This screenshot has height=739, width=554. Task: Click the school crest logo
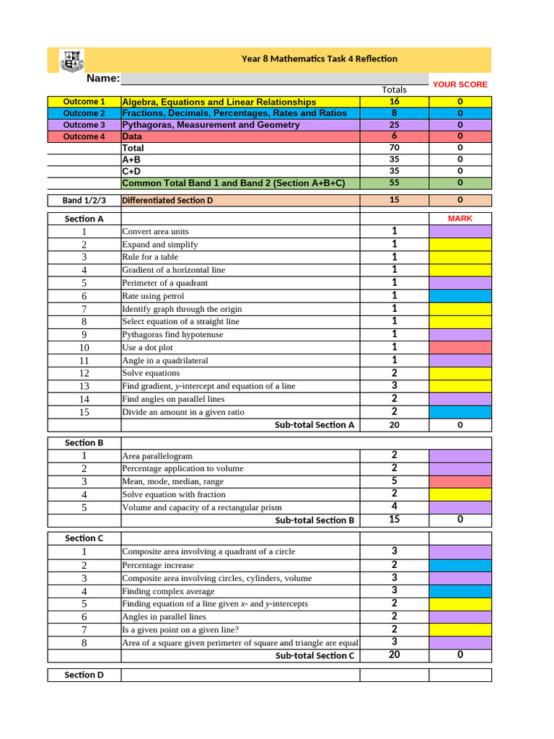[x=71, y=60]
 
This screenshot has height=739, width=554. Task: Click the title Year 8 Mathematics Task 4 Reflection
[x=319, y=58]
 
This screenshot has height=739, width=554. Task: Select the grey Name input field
[x=274, y=79]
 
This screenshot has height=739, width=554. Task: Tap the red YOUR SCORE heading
[x=460, y=84]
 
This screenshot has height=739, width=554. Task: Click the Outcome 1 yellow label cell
[x=84, y=102]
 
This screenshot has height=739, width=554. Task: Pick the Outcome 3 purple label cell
[x=84, y=125]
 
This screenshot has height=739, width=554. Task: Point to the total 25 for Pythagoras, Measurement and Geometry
[x=394, y=125]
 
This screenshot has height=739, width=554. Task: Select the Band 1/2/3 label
[x=84, y=200]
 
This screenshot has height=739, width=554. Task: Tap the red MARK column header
[x=460, y=218]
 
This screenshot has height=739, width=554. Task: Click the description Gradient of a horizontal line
[x=173, y=270]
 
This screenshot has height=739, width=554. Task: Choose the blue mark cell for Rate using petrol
[x=460, y=296]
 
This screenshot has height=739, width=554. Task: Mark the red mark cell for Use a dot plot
[x=460, y=347]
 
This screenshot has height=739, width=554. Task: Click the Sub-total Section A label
[x=315, y=425]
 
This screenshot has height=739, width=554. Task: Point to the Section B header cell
[x=84, y=442]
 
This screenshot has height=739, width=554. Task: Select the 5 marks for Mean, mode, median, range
[x=394, y=481]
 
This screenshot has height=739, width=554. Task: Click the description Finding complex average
[x=168, y=591]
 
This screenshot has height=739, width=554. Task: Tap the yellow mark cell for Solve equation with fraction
[x=460, y=494]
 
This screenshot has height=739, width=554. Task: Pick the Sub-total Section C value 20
[x=394, y=655]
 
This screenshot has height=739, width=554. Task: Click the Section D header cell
[x=84, y=675]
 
